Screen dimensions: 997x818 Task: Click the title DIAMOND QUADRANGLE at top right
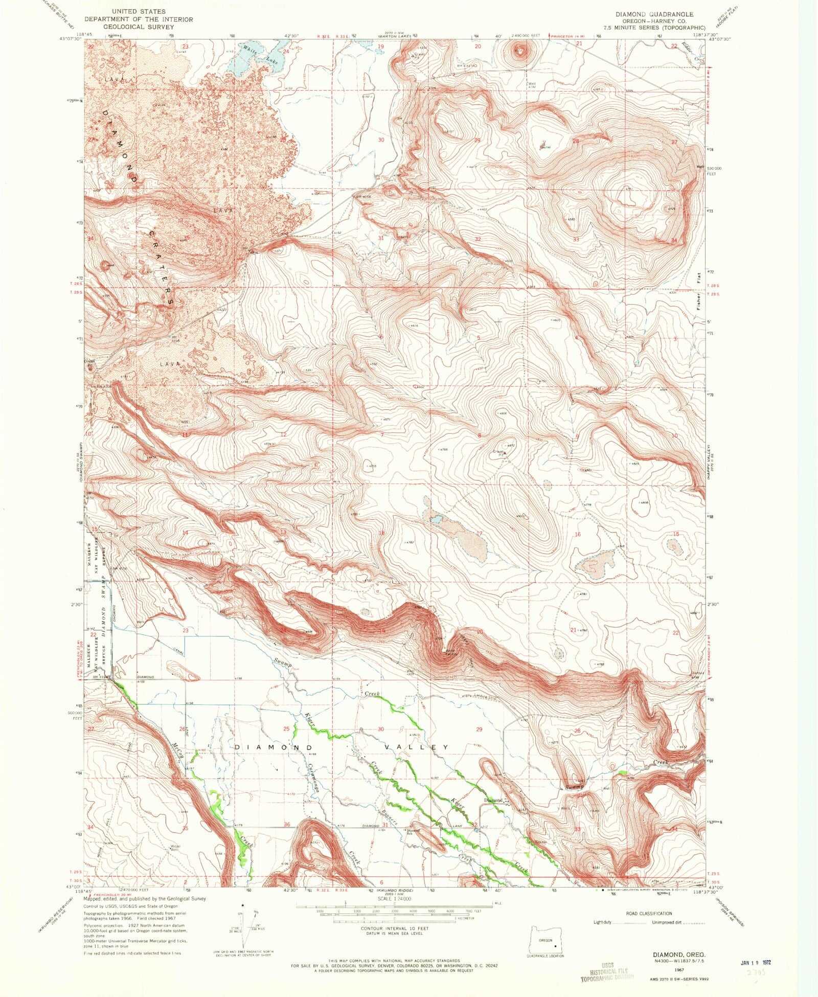(654, 14)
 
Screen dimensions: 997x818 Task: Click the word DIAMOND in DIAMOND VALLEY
(274, 747)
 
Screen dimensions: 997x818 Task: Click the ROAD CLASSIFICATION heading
(649, 913)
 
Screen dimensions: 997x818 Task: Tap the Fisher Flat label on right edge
(699, 291)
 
